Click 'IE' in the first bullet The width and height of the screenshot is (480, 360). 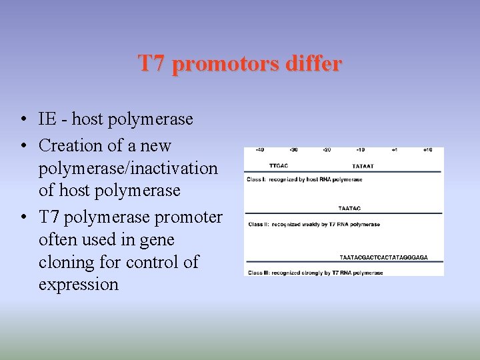point(47,119)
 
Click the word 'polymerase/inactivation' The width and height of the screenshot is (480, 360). point(128,168)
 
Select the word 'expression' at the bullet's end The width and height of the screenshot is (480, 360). point(79,285)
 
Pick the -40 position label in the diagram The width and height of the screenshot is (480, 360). point(259,150)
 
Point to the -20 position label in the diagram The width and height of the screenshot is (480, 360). point(327,150)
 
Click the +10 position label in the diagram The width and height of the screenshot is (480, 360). point(427,150)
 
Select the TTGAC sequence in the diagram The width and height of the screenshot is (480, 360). point(278,165)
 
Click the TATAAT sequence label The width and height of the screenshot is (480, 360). point(363,165)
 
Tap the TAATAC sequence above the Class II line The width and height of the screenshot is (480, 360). point(349,209)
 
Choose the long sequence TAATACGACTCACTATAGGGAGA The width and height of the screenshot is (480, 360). point(383,257)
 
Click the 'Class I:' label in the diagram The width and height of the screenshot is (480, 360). point(257,180)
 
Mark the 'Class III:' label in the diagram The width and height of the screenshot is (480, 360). point(259,273)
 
